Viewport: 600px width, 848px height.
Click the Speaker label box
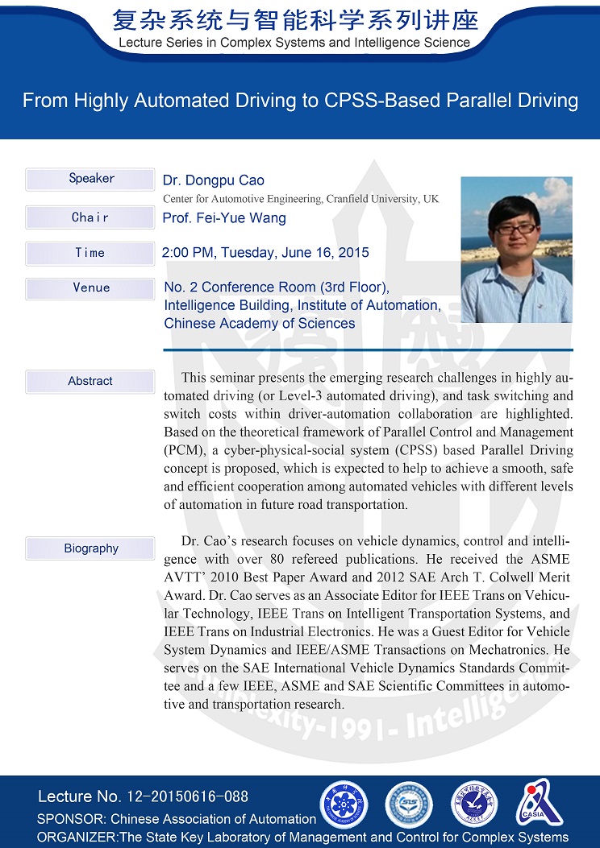click(90, 179)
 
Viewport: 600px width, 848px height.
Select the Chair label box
click(90, 217)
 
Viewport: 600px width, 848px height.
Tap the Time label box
click(90, 253)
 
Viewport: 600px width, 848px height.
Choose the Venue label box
click(90, 287)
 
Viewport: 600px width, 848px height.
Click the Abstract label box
click(90, 381)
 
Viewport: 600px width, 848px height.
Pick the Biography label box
click(90, 548)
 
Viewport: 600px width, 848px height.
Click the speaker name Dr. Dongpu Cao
click(214, 180)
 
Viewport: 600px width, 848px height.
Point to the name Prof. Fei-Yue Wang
click(224, 217)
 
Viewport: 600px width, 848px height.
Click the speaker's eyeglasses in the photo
click(515, 228)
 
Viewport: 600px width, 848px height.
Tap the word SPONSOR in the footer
click(70, 819)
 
